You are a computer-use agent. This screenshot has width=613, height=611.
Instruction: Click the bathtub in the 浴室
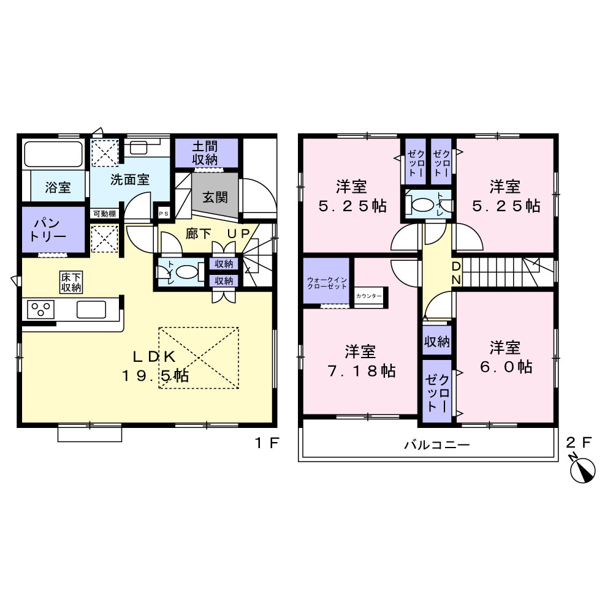coord(53,154)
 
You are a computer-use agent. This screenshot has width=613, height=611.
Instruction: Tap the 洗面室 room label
coord(130,179)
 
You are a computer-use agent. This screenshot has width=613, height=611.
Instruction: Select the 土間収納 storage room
coord(206,152)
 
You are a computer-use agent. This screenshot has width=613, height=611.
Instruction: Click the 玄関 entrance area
coord(215,195)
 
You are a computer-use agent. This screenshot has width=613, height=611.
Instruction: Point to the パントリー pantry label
coord(48,230)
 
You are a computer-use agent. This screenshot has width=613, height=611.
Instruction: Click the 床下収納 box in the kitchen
coord(71,282)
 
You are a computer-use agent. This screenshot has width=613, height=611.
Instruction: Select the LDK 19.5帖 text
coord(155,366)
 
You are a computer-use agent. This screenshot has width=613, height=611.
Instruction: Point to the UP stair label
coord(238,233)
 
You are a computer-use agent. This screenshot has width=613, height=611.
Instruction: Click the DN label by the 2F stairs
coord(456,273)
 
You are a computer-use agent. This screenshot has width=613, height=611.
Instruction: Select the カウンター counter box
coord(368,296)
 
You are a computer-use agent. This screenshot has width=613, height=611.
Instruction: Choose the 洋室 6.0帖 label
coord(506,357)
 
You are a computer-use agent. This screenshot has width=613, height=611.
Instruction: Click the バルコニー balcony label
coord(436,444)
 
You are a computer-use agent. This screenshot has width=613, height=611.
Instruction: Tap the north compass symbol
coord(582,469)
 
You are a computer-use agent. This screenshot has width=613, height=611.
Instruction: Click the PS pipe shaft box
coord(164,214)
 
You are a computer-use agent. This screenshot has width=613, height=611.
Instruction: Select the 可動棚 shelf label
coord(104,214)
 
